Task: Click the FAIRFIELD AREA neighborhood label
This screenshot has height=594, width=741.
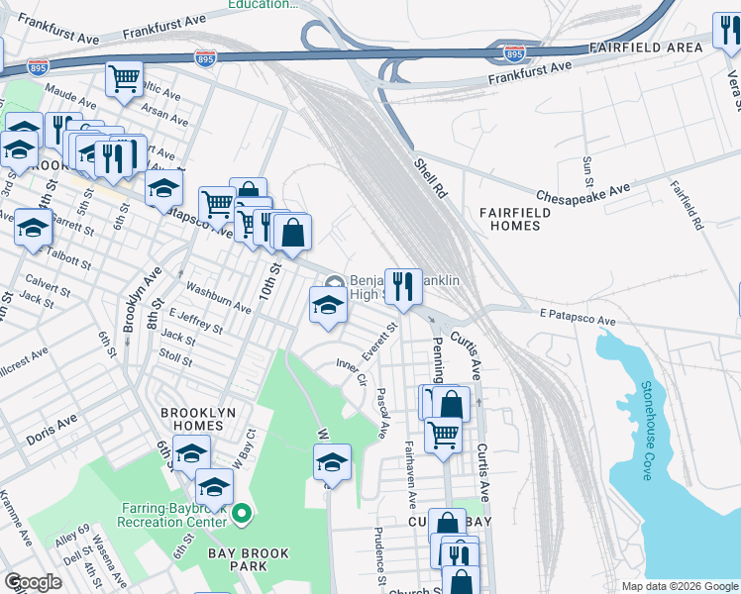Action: click(x=646, y=48)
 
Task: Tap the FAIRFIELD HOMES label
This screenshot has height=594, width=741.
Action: click(x=510, y=219)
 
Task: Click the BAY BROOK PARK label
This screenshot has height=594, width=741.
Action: click(x=243, y=559)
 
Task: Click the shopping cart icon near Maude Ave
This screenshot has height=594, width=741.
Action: click(x=124, y=79)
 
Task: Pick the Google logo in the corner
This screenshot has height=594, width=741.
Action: click(x=32, y=582)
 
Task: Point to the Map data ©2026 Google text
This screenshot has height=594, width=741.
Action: click(x=680, y=586)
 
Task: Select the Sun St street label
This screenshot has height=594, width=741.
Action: click(x=587, y=170)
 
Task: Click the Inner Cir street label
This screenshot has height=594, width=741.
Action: click(x=353, y=373)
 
